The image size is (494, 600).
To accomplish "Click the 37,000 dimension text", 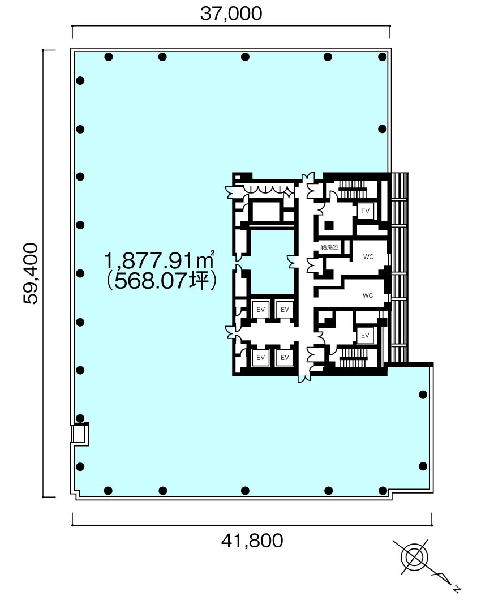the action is pos(231,14).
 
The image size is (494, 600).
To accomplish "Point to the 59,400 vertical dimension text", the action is pos(31,273).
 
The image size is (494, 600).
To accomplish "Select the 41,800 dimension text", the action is pos(252,541).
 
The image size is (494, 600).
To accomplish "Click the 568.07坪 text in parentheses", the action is pos(162,282).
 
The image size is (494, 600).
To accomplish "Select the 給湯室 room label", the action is pos(329,247).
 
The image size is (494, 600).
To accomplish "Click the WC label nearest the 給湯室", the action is pos(368,257).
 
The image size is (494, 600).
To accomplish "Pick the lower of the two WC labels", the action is pos(368,295).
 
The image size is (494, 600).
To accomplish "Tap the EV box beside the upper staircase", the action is pos(365,211).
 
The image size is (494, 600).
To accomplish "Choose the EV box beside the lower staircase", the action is pos(365,335).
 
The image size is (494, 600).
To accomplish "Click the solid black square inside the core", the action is pos(329,225).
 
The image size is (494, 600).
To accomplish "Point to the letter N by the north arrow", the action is pos(457,589).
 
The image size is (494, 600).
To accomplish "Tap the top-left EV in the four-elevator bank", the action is pos(261,309).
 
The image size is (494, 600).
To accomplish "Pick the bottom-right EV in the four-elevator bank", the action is pos(285,357).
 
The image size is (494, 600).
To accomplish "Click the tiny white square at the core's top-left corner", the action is pos(238,177).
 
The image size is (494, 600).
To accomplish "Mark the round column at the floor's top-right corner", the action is pos(383,57).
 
